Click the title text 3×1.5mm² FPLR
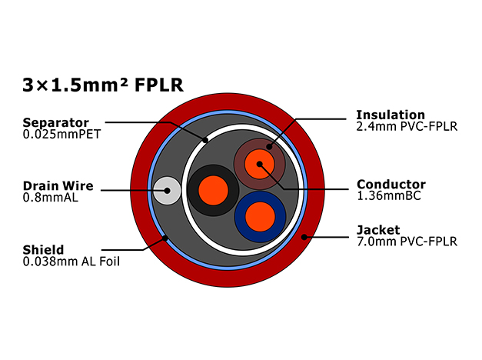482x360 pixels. tap(103, 85)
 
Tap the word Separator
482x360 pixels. tap(55, 123)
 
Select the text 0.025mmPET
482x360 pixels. tap(61, 134)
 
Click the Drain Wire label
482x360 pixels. tap(58, 186)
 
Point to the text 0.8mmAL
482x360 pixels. tap(51, 197)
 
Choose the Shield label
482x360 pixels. tap(43, 249)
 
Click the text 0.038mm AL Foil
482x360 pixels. tap(71, 262)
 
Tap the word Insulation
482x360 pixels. tap(391, 115)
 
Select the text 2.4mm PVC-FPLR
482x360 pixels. tap(407, 126)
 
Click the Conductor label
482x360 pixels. tap(391, 185)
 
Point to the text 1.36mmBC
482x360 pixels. tap(388, 195)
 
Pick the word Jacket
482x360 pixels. tap(378, 230)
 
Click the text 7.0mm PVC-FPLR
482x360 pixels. tap(407, 242)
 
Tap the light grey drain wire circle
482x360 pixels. tap(167, 191)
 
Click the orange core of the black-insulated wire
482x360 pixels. tap(214, 191)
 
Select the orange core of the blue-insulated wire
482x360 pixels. tap(260, 217)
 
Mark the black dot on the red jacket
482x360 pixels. tap(304, 237)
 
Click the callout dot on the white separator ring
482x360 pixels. tap(205, 140)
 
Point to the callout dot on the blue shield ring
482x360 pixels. tap(165, 238)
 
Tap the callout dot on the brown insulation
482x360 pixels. tap(269, 147)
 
